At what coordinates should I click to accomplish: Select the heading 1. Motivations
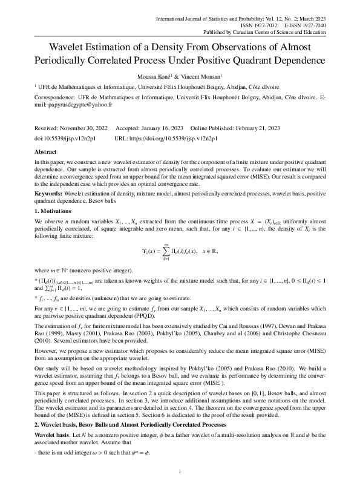point(54,211)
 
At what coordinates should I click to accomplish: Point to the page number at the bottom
point(180,471)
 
